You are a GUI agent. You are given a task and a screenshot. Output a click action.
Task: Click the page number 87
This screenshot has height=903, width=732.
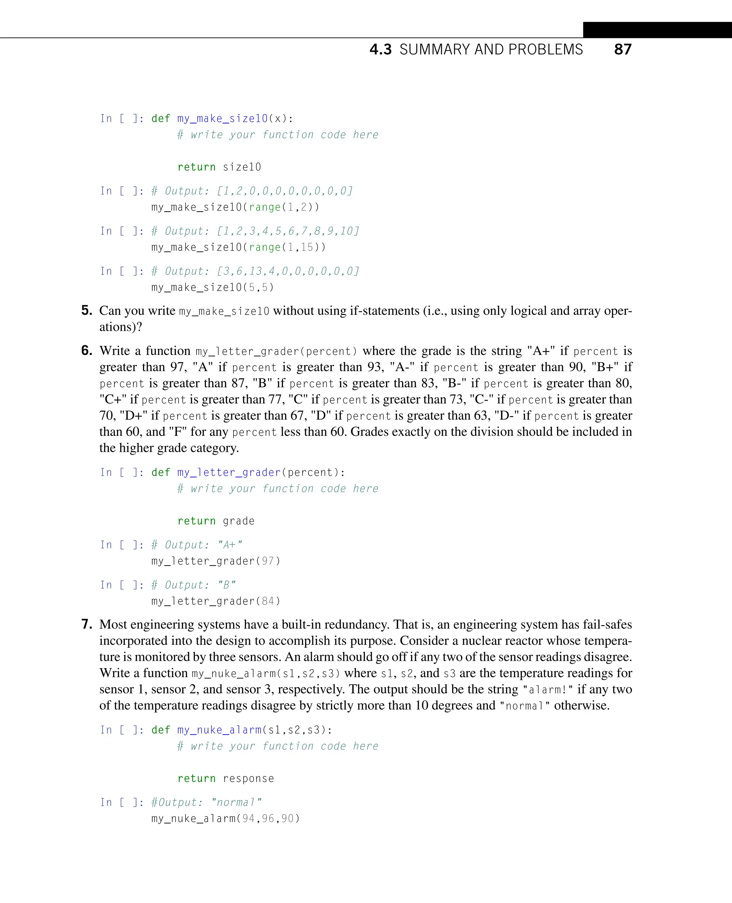[622, 49]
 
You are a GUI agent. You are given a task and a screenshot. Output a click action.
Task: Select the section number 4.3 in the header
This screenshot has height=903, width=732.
[380, 50]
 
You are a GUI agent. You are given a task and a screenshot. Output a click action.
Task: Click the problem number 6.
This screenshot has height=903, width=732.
[86, 350]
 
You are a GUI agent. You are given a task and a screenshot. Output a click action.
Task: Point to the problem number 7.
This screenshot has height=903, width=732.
[86, 624]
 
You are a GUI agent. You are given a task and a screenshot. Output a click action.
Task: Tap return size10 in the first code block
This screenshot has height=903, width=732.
[219, 167]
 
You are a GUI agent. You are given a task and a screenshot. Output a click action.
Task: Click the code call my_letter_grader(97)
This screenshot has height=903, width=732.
[216, 561]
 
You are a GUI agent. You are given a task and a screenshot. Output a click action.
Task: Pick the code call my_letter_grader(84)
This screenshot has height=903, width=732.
[216, 601]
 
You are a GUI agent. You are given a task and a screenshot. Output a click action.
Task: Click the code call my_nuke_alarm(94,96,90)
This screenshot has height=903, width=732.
[225, 818]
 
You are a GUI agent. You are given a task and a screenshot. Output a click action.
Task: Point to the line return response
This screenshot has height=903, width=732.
[226, 778]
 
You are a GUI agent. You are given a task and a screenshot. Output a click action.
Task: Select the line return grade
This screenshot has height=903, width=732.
[216, 521]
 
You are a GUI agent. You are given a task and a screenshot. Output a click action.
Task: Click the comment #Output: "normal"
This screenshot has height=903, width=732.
[206, 802]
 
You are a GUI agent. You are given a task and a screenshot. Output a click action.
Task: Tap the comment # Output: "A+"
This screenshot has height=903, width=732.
[197, 545]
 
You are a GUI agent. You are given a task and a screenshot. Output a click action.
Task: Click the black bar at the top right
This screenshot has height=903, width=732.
[657, 30]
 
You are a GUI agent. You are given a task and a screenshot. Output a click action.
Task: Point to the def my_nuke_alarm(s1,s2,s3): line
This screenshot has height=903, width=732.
[242, 730]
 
